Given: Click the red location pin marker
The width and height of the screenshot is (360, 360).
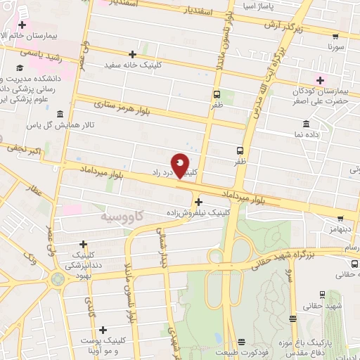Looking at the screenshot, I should [x=181, y=165].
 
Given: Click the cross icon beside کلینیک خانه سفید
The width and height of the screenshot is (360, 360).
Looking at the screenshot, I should [x=132, y=54].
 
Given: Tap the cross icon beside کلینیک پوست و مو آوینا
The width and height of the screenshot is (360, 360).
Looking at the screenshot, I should [x=103, y=329].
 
